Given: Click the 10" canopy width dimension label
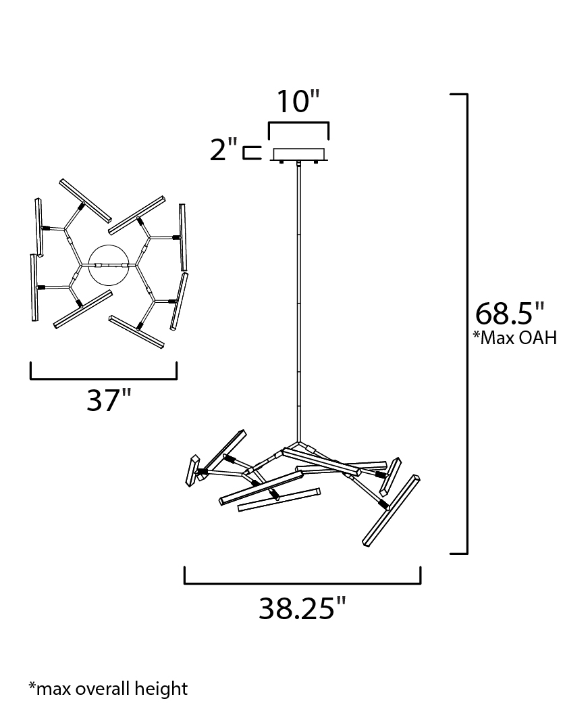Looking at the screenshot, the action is point(298,101).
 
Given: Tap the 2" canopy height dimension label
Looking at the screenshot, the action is point(223,150).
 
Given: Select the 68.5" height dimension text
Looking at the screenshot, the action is point(510,314).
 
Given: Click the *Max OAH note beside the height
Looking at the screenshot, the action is point(515,337).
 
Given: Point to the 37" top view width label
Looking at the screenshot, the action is point(109,399).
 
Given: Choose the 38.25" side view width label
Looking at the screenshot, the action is point(302,609).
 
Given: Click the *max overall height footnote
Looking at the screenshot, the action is point(108,689).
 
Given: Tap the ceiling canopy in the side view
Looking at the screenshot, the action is point(298,154).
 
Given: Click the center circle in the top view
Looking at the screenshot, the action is point(109,265).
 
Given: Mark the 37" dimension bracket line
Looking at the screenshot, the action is point(104,378).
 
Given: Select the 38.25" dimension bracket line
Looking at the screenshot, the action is point(302,583).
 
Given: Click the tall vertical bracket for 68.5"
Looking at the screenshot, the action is point(467,324).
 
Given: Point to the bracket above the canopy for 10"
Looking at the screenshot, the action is point(298,123).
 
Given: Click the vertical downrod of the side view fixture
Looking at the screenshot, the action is point(298,302).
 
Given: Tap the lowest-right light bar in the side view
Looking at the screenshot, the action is point(392,510).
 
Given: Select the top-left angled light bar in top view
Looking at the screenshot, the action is point(85,200).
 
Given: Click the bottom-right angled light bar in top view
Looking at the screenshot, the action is point(136,332).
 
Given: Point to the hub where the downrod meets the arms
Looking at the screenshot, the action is point(298,443).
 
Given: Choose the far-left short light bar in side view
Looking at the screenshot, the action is point(192,470).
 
